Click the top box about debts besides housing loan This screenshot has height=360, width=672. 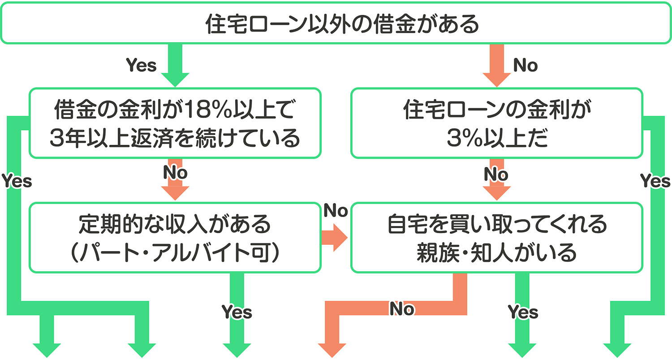(x=336, y=23)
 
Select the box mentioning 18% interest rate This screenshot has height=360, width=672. (x=175, y=123)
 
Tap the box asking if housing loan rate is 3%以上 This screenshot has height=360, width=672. (x=496, y=123)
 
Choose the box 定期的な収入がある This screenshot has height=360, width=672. (x=175, y=237)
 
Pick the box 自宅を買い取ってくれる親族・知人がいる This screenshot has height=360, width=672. (x=496, y=237)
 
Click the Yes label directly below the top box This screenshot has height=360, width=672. (x=141, y=65)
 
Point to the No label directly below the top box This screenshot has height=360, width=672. (x=525, y=65)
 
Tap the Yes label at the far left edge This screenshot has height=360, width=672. (x=17, y=181)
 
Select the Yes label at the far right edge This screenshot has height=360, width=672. (x=655, y=181)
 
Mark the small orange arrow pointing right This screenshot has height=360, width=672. (x=335, y=237)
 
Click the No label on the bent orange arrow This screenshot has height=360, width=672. (x=402, y=309)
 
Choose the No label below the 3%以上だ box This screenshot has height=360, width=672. (x=496, y=173)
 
